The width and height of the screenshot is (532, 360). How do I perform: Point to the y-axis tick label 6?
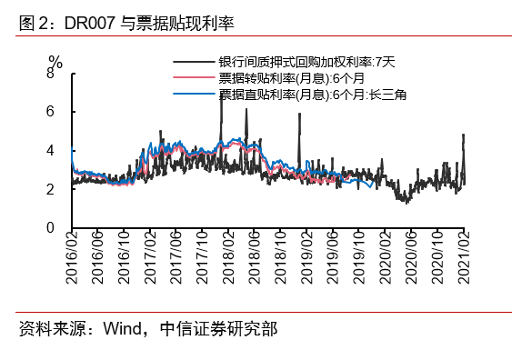click(x=50, y=111)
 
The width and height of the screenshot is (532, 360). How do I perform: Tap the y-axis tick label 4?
click(x=50, y=150)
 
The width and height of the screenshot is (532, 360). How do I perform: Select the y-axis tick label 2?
click(x=50, y=189)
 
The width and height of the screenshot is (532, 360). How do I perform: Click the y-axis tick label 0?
click(x=50, y=228)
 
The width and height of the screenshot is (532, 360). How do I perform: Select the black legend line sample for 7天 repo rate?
click(x=195, y=63)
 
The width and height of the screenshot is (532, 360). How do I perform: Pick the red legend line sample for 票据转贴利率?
click(x=195, y=77)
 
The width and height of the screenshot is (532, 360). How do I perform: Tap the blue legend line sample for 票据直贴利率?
click(x=195, y=93)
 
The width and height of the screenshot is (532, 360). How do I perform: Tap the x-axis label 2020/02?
click(x=386, y=260)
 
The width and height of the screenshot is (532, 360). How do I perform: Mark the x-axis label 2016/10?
click(x=125, y=260)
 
